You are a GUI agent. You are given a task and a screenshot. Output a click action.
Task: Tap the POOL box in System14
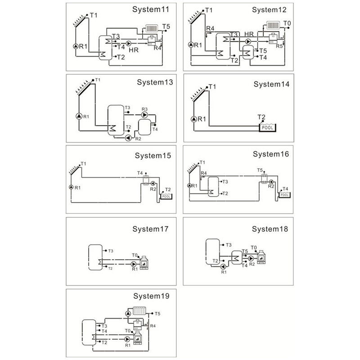pos(268,127)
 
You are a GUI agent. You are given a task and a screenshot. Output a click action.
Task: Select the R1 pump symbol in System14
pos(193,119)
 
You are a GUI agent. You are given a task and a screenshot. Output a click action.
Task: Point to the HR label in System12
pos(248,35)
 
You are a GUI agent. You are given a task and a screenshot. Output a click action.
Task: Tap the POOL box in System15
pos(166,196)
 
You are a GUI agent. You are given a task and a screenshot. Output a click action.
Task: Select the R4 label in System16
pos(203,173)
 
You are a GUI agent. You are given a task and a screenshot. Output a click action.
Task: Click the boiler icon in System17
pos(145,262)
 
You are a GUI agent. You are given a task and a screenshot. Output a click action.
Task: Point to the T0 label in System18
pos(254,248)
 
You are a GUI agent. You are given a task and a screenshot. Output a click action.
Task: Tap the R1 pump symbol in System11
pos(75,46)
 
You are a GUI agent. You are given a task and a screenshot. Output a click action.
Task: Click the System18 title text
pos(270,229)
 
